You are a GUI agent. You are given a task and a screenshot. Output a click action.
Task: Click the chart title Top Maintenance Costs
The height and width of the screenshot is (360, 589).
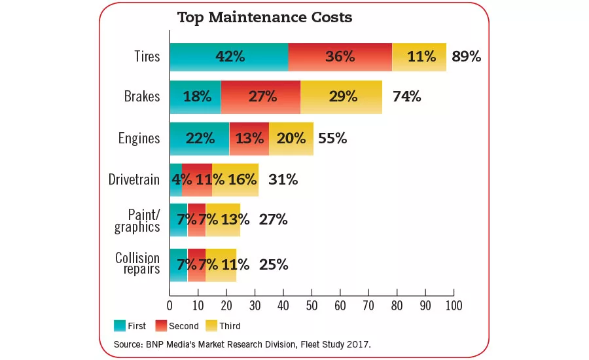point(264,18)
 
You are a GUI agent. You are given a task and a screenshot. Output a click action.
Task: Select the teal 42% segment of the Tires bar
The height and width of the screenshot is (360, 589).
point(229,57)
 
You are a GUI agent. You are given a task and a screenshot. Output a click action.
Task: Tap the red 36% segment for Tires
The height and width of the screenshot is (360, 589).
point(340,57)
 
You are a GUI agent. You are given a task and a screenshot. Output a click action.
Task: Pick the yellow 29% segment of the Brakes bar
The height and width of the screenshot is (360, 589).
point(341,97)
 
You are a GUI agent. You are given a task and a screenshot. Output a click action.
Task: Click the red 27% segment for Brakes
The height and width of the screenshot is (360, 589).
point(260,97)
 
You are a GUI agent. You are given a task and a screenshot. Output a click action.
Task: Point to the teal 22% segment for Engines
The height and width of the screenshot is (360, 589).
point(200,138)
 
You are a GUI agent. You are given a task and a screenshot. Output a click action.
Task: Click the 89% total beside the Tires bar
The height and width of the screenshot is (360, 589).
point(466,57)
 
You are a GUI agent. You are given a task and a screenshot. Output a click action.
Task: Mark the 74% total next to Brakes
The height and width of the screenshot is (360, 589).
point(406,97)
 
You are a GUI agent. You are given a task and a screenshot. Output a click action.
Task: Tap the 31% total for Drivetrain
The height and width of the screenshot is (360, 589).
point(283,179)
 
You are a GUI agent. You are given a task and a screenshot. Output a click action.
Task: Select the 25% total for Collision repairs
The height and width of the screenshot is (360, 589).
point(273,264)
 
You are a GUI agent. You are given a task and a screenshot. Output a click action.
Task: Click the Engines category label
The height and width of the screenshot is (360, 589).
point(139,138)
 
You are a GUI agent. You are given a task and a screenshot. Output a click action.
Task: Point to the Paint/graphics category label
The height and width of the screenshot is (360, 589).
point(137,220)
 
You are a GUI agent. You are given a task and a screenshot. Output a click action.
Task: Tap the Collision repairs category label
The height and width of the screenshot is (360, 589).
point(137,263)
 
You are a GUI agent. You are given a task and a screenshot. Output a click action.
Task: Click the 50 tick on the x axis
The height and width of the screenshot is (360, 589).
point(312,306)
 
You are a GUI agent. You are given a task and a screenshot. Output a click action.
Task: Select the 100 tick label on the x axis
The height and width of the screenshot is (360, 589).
point(453,306)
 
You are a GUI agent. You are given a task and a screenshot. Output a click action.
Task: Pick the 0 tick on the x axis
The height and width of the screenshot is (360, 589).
point(170,306)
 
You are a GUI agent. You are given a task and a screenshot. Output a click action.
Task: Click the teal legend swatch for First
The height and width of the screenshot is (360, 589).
point(120,325)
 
